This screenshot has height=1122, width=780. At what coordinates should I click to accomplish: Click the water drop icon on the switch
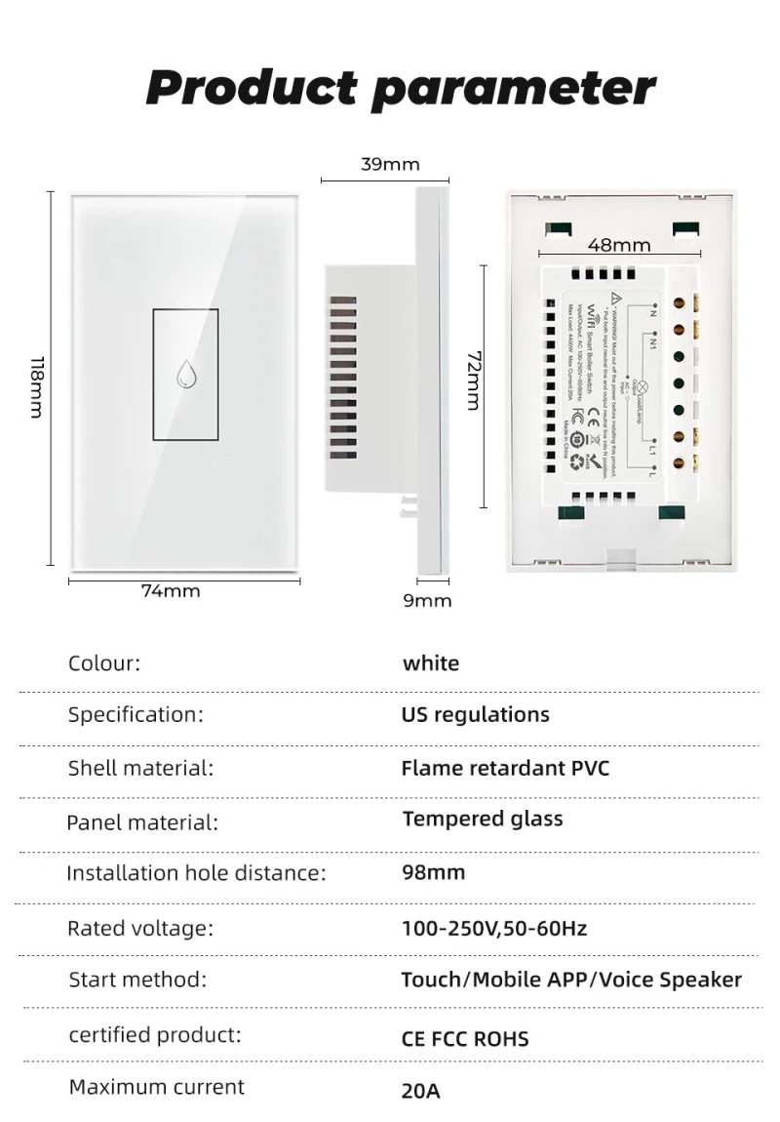tap(185, 375)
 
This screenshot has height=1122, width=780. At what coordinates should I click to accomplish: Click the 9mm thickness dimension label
tap(428, 600)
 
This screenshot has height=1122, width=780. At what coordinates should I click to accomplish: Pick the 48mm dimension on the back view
tap(619, 245)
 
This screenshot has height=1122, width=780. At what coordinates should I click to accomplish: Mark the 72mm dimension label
tap(474, 381)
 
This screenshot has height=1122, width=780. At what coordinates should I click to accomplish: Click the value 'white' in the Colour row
tap(431, 663)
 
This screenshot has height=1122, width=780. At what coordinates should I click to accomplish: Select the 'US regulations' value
tap(475, 715)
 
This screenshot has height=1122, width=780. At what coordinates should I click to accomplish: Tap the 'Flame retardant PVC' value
tap(505, 768)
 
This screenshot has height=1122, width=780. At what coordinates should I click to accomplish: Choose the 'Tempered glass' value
tap(483, 819)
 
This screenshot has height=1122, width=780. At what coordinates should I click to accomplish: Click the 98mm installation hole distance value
tap(433, 872)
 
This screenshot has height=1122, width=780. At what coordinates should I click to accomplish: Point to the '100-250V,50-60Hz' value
tap(493, 928)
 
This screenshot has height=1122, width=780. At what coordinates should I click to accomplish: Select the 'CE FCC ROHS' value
tap(465, 1038)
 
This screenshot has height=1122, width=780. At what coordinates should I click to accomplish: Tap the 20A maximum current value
tap(420, 1091)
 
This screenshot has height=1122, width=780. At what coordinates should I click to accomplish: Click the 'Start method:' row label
tap(137, 980)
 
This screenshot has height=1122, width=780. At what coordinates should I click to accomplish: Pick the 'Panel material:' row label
tap(142, 822)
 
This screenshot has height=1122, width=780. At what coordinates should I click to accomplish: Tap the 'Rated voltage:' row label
tap(140, 928)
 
